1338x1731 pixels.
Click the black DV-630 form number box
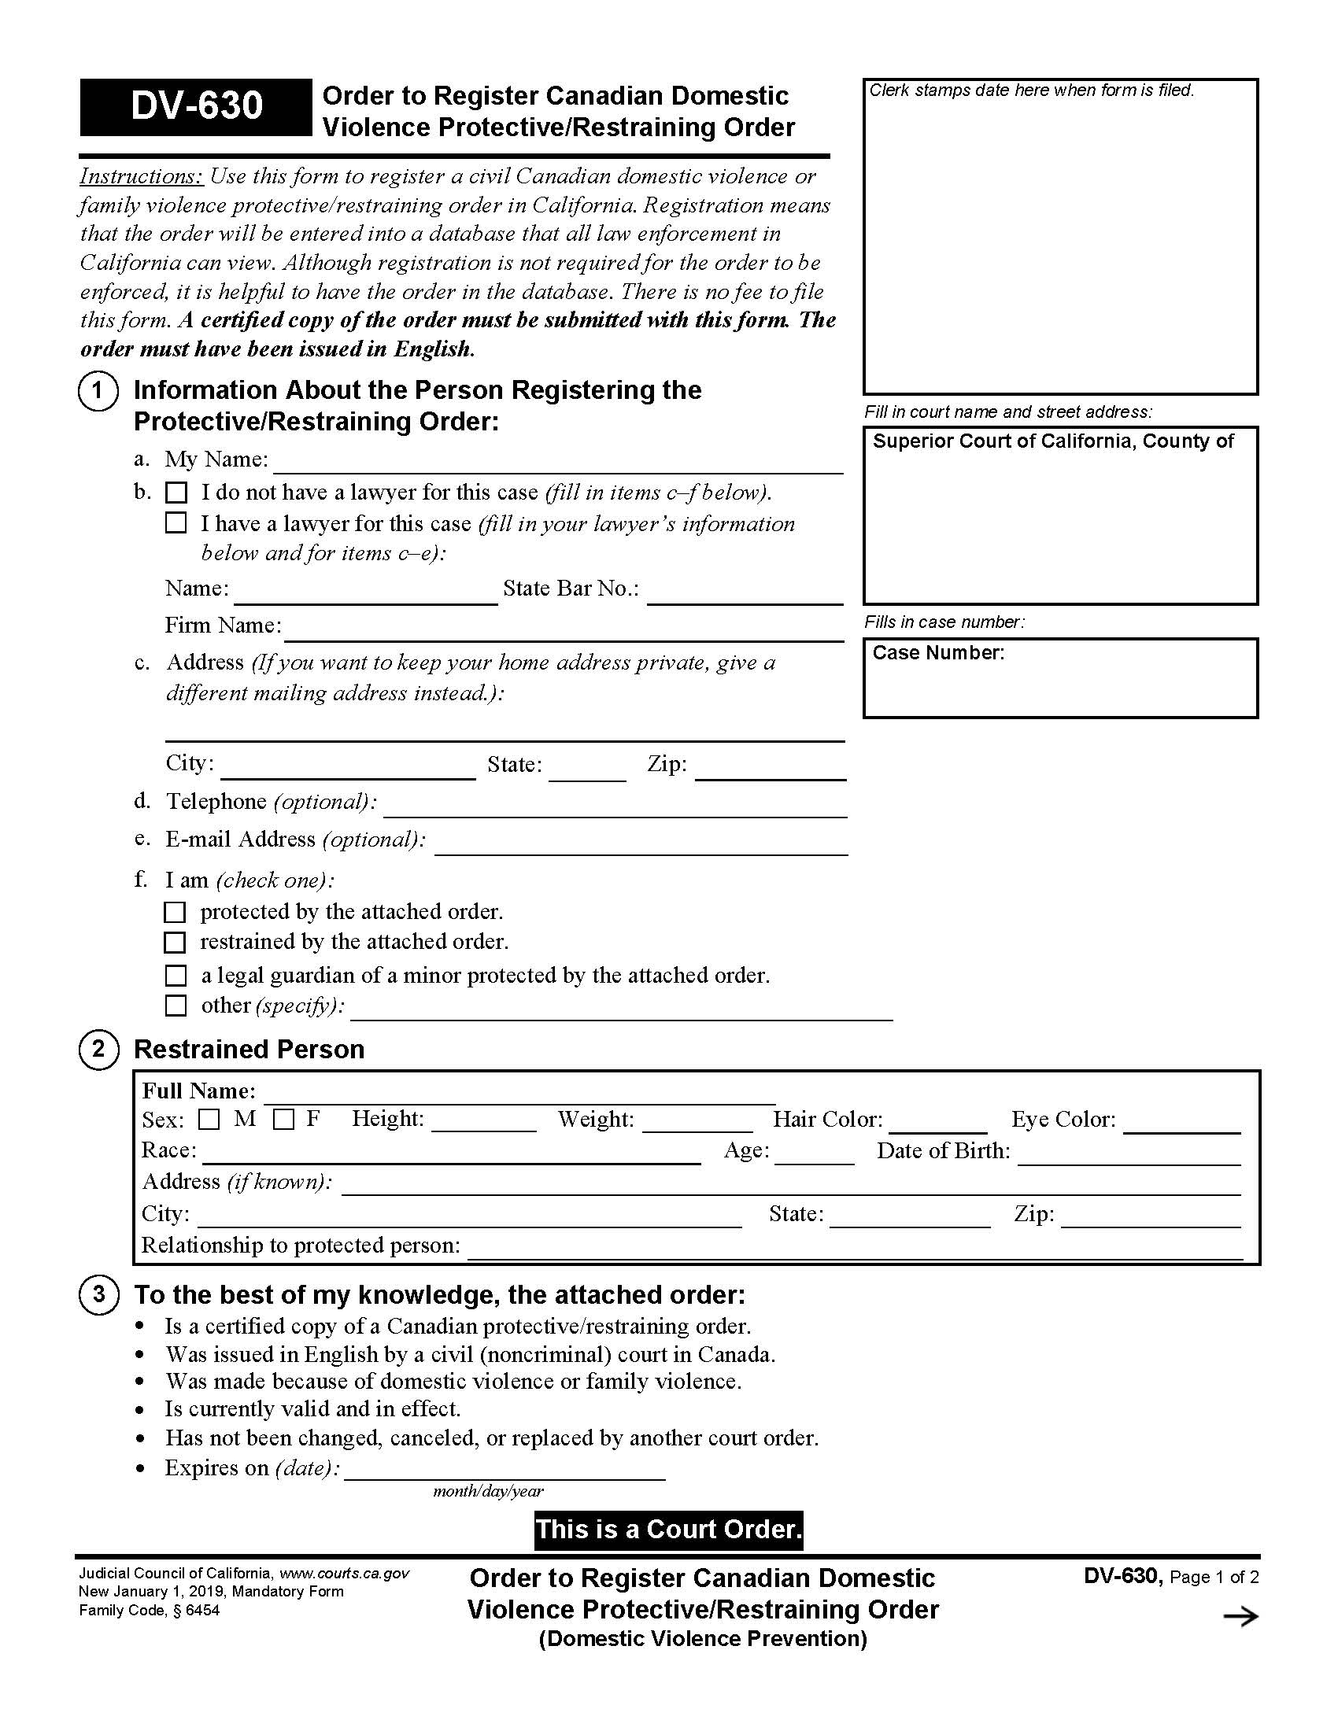196,107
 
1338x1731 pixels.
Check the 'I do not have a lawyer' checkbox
176,493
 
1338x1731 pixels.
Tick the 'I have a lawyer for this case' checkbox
176,523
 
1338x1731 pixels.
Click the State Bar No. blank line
745,594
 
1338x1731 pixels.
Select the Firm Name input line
564,631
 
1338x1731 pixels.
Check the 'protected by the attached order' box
175,912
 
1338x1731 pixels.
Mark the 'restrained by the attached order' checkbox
175,943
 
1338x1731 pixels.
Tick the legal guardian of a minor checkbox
176,975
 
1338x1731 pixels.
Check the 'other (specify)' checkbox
176,1006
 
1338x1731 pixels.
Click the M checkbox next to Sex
209,1120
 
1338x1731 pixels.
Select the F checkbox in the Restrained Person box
284,1120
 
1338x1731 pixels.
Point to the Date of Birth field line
1129,1155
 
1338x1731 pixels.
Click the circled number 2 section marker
98,1050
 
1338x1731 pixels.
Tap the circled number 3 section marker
98,1295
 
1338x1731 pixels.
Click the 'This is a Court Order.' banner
669,1530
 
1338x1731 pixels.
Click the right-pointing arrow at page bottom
1240,1617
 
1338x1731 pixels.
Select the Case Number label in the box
937,653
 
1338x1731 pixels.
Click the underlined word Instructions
141,176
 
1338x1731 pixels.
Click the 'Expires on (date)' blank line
505,1471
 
